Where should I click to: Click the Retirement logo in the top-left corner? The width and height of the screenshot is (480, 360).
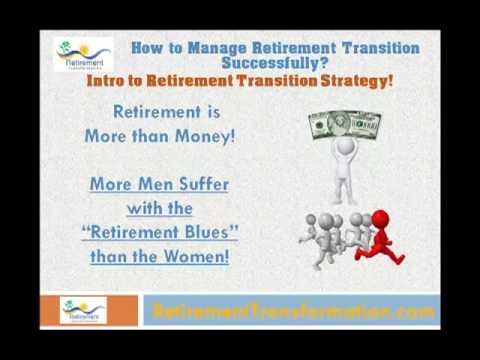pos(82,55)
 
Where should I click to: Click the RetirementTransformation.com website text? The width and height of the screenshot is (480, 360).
pos(293,311)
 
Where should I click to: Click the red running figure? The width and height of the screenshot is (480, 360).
pos(380,237)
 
